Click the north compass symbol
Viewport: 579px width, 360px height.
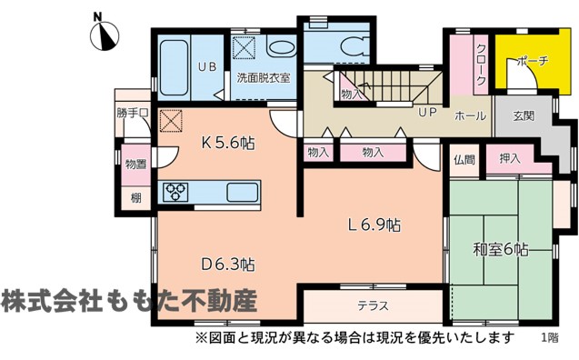[105, 36]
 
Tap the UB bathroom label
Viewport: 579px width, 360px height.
[207, 67]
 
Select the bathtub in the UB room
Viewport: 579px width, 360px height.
[174, 67]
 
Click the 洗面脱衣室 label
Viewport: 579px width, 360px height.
[264, 78]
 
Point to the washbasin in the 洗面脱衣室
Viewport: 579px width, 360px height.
[282, 48]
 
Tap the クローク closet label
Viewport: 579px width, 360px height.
[481, 65]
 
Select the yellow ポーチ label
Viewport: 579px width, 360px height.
[532, 61]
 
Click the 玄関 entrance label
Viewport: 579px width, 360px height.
[524, 116]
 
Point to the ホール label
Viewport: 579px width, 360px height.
[470, 116]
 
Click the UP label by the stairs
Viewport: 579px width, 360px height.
[427, 112]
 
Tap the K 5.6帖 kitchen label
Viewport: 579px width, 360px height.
[228, 143]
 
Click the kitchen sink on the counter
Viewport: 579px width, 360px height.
[242, 193]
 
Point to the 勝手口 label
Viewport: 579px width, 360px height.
[133, 113]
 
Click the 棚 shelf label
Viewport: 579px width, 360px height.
[136, 198]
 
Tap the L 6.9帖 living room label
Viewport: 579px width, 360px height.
[374, 225]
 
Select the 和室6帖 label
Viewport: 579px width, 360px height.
[500, 250]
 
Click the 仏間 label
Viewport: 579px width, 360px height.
[464, 160]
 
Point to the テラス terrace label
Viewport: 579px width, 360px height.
[373, 306]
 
